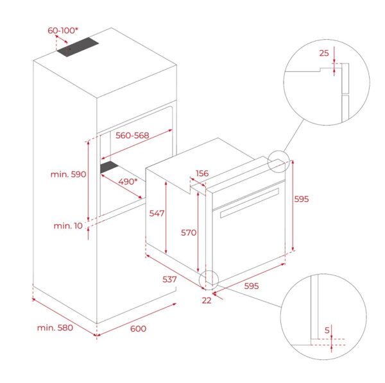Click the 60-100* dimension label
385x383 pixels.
point(63,31)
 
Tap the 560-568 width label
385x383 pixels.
point(132,136)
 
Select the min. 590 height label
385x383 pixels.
point(68,174)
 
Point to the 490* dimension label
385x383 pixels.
point(128,182)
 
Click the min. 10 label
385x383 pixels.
point(68,225)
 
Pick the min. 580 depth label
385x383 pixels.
point(55,328)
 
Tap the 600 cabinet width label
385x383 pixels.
point(138,329)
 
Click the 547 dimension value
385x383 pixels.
point(157,213)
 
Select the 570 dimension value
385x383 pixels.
point(189,232)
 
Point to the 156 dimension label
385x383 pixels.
point(202,174)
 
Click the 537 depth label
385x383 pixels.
point(169,279)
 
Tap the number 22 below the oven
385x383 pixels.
point(207,300)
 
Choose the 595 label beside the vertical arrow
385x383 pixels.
point(302,199)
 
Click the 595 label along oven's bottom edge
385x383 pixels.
point(252,286)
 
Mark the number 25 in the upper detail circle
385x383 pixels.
point(324,53)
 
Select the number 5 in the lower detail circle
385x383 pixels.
point(327,330)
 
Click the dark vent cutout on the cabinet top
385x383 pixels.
point(78,47)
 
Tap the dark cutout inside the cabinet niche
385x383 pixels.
point(109,167)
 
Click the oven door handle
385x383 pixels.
point(250,203)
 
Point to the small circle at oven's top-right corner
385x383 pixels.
point(278,162)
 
